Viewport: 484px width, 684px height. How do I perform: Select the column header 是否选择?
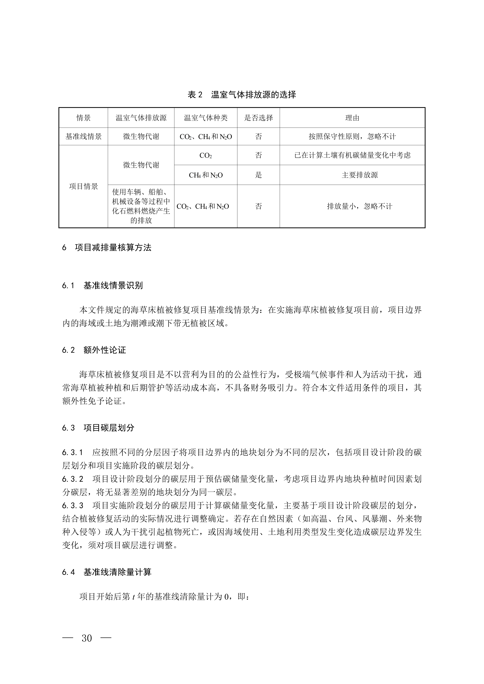tap(258, 118)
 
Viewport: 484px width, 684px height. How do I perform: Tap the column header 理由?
tap(352, 118)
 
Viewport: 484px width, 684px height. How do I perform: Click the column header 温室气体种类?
tap(206, 118)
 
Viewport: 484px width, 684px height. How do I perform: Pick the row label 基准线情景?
tap(83, 136)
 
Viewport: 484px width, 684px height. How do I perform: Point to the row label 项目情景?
tap(83, 186)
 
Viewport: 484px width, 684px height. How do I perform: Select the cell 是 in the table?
tap(258, 175)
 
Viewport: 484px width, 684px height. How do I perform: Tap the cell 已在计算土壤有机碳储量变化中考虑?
tap(352, 155)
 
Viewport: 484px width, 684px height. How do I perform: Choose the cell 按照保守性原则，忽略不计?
tap(352, 136)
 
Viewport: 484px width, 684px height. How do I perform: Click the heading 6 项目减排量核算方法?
tap(107, 248)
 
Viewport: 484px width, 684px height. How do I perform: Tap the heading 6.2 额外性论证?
tap(94, 350)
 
